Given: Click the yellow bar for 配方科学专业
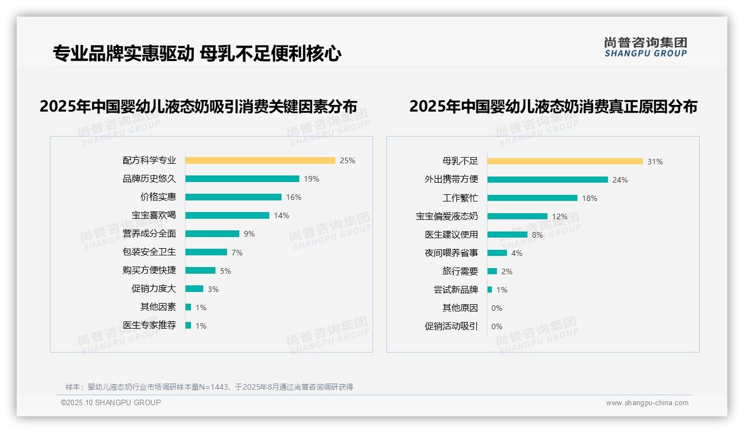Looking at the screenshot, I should tap(260, 160).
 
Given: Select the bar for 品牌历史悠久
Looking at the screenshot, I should tap(242, 179).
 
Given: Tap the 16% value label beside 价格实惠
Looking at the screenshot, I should tap(294, 197).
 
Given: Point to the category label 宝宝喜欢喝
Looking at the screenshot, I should tap(153, 215).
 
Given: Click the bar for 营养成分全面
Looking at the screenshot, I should tap(212, 234).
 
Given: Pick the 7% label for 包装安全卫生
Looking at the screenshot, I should tap(237, 253).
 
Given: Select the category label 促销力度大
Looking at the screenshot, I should tap(153, 289).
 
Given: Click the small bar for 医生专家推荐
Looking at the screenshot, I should tap(188, 325).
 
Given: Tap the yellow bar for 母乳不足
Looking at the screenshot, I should tap(565, 162).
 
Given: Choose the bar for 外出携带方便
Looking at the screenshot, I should tap(547, 180).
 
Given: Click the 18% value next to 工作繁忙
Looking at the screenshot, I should tap(590, 198).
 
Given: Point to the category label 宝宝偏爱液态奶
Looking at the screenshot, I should tap(446, 216).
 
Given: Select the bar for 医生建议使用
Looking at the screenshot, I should tap(507, 235).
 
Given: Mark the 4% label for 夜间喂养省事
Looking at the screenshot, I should tap(516, 253).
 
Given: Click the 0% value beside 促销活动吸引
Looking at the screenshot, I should tap(497, 326).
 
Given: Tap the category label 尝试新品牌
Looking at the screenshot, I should tap(455, 290).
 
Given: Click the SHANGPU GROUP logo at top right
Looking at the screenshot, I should tap(645, 47).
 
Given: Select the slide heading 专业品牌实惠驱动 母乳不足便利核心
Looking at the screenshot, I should tap(197, 53).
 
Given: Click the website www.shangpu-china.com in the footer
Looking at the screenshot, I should tap(647, 403).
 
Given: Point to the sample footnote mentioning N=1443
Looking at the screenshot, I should tap(209, 387).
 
